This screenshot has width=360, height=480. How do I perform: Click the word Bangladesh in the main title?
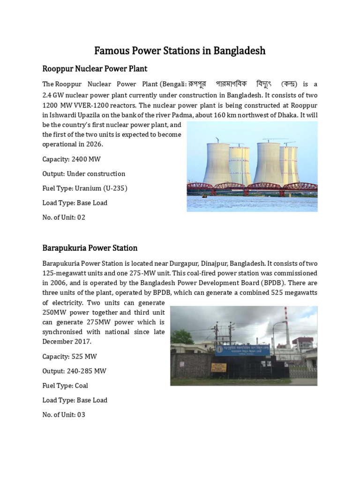point(240,51)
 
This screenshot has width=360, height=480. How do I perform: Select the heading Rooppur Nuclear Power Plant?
point(95,69)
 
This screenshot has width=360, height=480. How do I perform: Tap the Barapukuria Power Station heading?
point(90,248)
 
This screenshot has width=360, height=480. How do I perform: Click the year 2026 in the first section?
point(94,144)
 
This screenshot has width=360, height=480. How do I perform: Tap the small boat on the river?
point(204,196)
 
